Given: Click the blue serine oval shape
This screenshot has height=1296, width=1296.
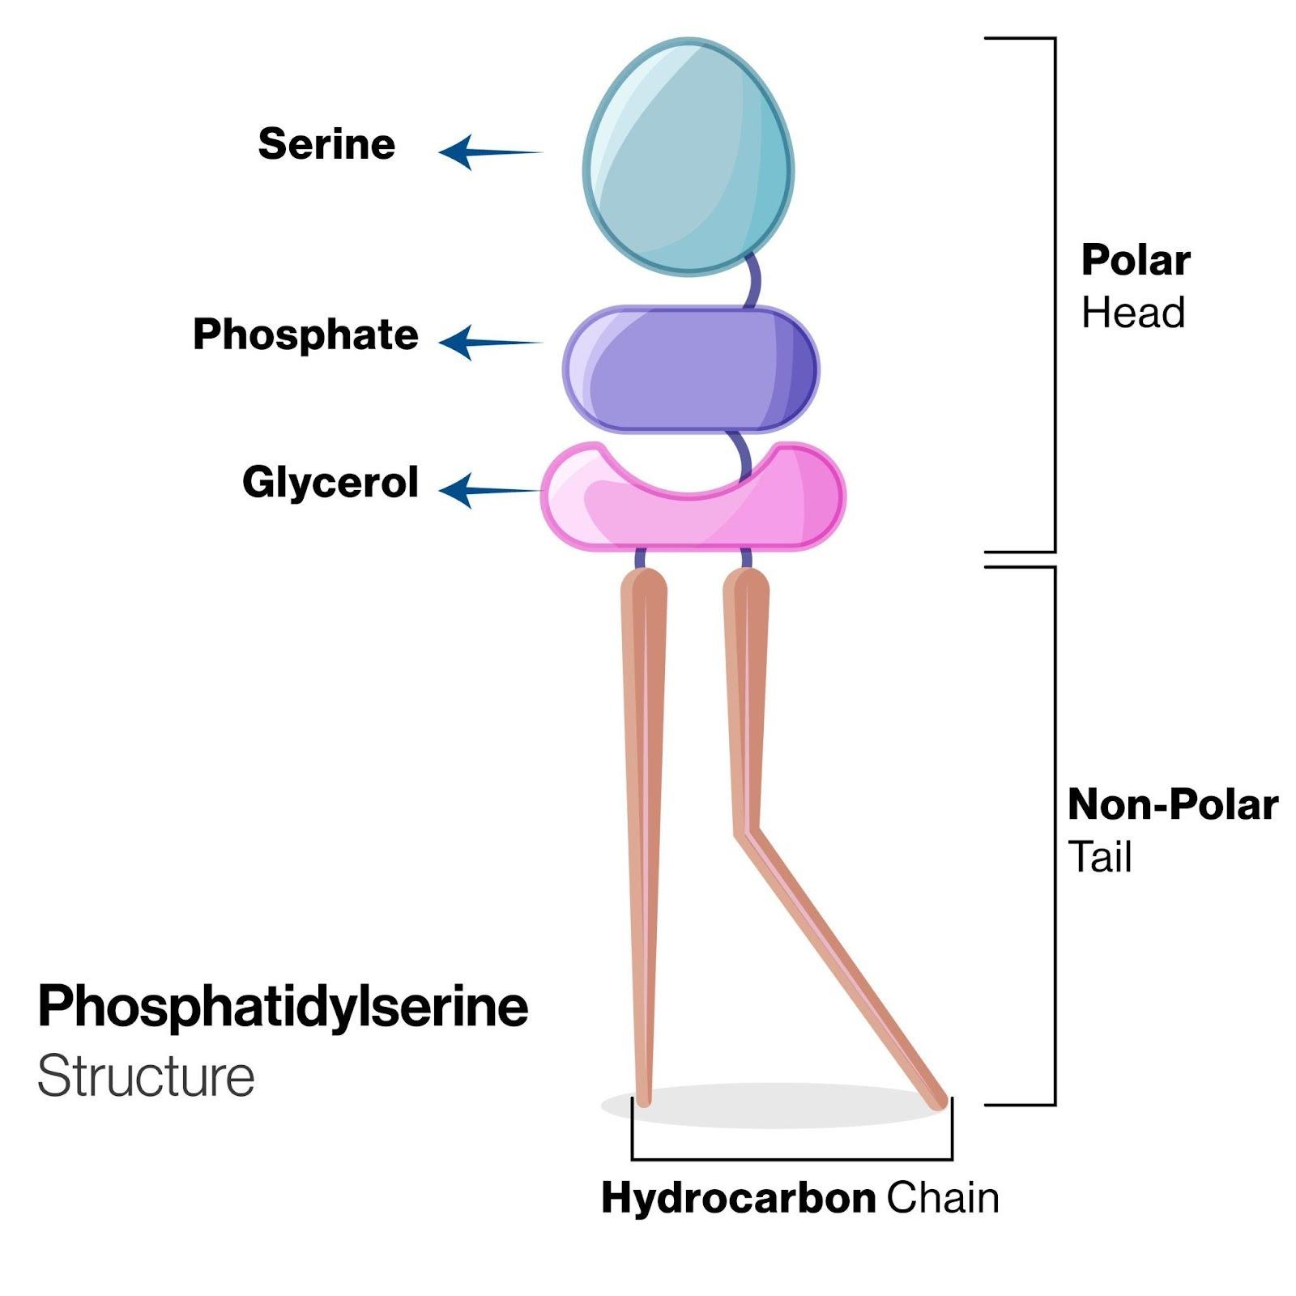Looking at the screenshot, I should point(688,158).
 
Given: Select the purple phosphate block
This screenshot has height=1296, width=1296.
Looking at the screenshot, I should point(690,369).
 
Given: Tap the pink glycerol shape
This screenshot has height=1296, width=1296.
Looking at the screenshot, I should point(693,514).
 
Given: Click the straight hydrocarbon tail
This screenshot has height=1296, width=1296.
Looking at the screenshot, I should point(644,810).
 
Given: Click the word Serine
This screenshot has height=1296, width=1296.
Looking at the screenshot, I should point(326,144).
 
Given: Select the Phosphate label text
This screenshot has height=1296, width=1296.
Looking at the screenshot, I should point(305,335).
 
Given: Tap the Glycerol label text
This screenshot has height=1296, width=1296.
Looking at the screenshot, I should point(330,483).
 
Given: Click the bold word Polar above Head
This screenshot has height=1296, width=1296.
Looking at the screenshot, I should point(1136,261).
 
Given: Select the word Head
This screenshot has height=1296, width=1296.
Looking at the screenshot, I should point(1133,313).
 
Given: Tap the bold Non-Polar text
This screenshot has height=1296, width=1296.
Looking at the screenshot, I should point(1173,805).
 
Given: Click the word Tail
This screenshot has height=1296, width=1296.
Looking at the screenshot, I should point(1099,857).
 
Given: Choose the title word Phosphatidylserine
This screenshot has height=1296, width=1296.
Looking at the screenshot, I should point(283,1007).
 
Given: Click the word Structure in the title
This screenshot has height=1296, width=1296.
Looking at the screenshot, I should point(146,1076).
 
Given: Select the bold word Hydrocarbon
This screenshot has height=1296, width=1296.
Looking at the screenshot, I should point(738,1199).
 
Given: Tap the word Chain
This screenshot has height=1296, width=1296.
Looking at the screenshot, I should point(942,1199).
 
